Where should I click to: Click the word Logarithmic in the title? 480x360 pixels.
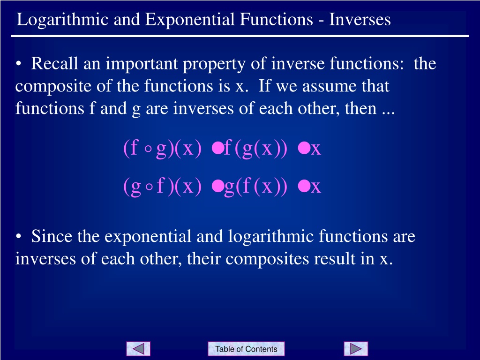pos(63,20)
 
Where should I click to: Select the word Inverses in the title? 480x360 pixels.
pos(360,19)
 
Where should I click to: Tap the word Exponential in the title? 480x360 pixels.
pos(189,20)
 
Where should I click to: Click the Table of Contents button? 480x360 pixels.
pos(246,349)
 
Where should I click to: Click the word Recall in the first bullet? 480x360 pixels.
pos(54,63)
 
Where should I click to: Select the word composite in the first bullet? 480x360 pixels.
pos(53,87)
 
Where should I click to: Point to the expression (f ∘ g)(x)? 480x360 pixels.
pos(162,149)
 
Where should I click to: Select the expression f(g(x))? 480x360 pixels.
pos(255,149)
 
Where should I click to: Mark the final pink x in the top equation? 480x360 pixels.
pos(316,150)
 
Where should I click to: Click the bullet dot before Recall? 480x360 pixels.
pos(19,64)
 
